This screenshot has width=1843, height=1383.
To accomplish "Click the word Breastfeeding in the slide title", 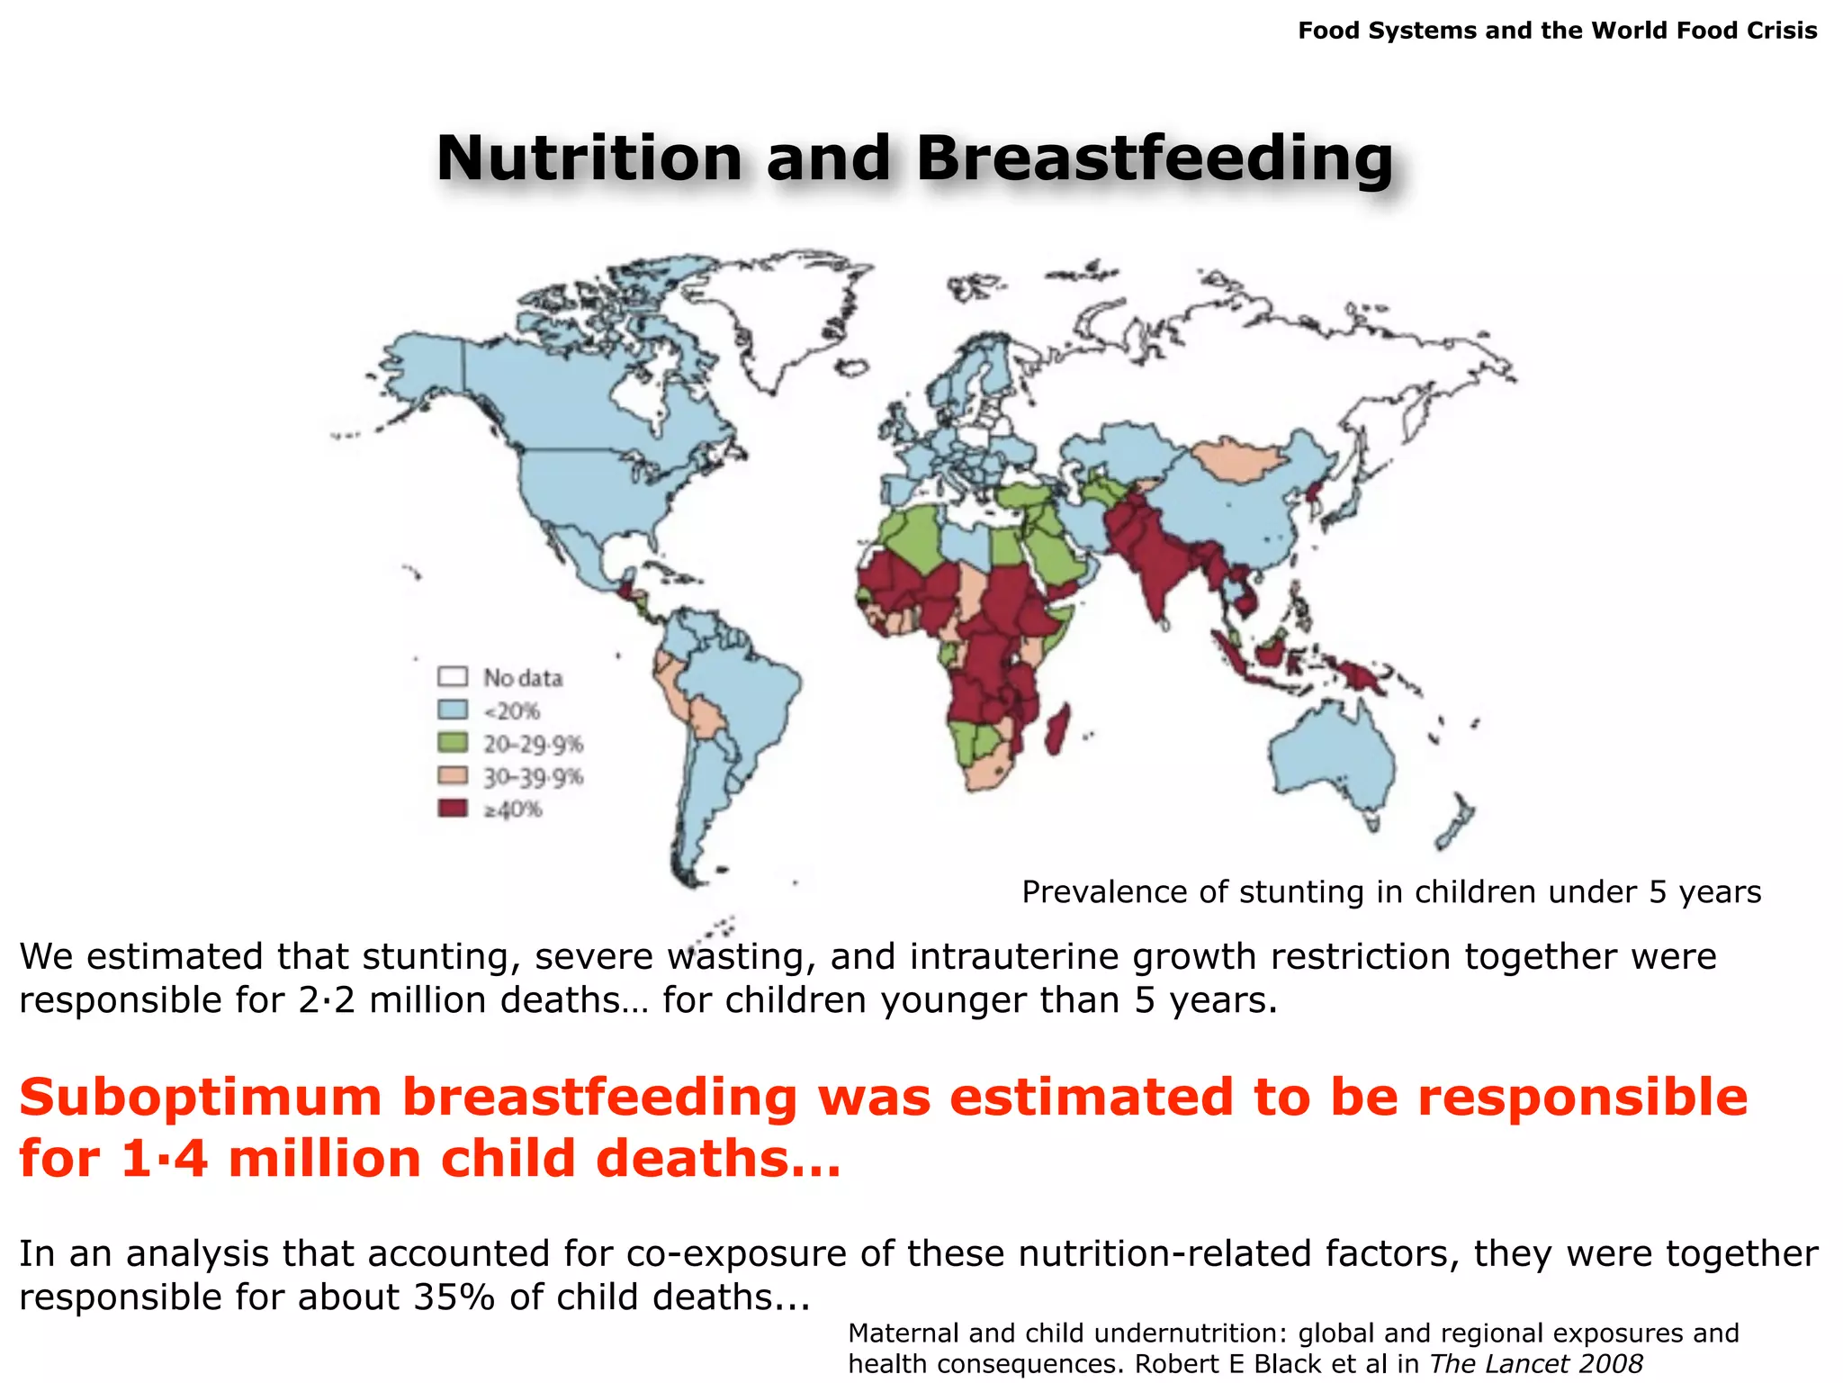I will click(1155, 158).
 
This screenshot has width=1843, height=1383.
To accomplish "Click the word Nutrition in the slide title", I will click(589, 158).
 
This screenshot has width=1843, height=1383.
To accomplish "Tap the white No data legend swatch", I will click(453, 676).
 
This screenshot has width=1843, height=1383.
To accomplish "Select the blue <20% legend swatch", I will click(453, 710).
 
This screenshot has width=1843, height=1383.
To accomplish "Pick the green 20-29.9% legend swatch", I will click(453, 743).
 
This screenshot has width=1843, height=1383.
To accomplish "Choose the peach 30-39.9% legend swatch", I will click(453, 775).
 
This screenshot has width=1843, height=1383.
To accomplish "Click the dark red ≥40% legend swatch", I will click(453, 808).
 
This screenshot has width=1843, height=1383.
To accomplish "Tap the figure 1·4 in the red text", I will click(164, 1158).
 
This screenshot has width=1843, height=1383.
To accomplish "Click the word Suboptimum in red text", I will click(201, 1097).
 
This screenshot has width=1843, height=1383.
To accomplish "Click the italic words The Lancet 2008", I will click(1535, 1364).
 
